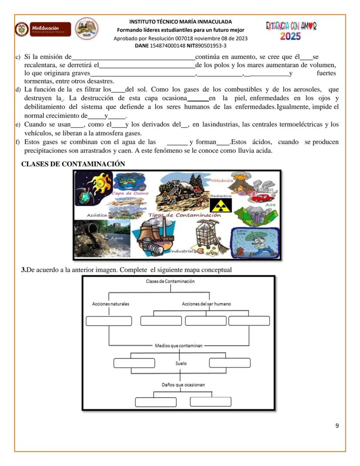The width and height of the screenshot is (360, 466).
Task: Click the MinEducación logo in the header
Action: (x=43, y=29)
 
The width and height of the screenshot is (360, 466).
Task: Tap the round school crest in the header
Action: (x=87, y=29)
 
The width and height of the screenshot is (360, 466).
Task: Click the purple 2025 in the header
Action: (x=290, y=37)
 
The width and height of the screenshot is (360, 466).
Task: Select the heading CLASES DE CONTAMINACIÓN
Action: (x=73, y=164)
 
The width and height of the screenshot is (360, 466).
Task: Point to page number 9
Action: (x=337, y=426)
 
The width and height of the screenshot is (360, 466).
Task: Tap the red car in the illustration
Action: (x=263, y=198)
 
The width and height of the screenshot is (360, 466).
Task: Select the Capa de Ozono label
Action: (x=130, y=193)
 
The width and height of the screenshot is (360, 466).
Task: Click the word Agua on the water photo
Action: (x=117, y=238)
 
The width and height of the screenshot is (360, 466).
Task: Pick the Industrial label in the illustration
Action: (x=181, y=251)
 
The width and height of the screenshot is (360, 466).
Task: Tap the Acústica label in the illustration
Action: (x=97, y=215)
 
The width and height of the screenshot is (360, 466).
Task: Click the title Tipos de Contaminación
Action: (x=184, y=215)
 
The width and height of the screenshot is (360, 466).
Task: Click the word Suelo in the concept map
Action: (x=181, y=362)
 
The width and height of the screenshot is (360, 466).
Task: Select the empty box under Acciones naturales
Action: (x=109, y=321)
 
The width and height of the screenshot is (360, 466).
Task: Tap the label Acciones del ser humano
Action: (x=206, y=304)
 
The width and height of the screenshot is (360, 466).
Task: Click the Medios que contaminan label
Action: (x=179, y=345)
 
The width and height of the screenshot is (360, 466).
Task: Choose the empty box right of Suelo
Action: (x=230, y=362)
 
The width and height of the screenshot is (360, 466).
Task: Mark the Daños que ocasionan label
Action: (x=183, y=385)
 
